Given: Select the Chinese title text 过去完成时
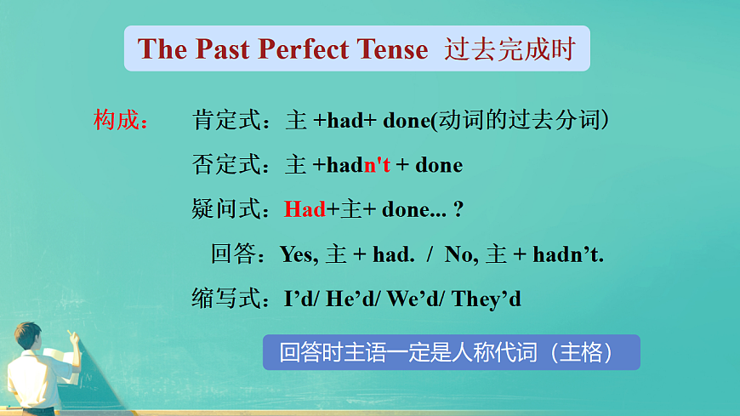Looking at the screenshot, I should click(509, 49).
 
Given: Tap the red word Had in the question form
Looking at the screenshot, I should click(305, 209).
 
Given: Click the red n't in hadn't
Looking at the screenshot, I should click(377, 165).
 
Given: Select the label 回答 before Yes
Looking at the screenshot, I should click(237, 254).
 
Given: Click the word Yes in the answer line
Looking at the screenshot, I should click(297, 254).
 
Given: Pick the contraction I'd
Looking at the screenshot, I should click(299, 299).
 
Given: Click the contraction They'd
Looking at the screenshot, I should click(486, 299).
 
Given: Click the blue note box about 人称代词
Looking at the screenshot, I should click(451, 352).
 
